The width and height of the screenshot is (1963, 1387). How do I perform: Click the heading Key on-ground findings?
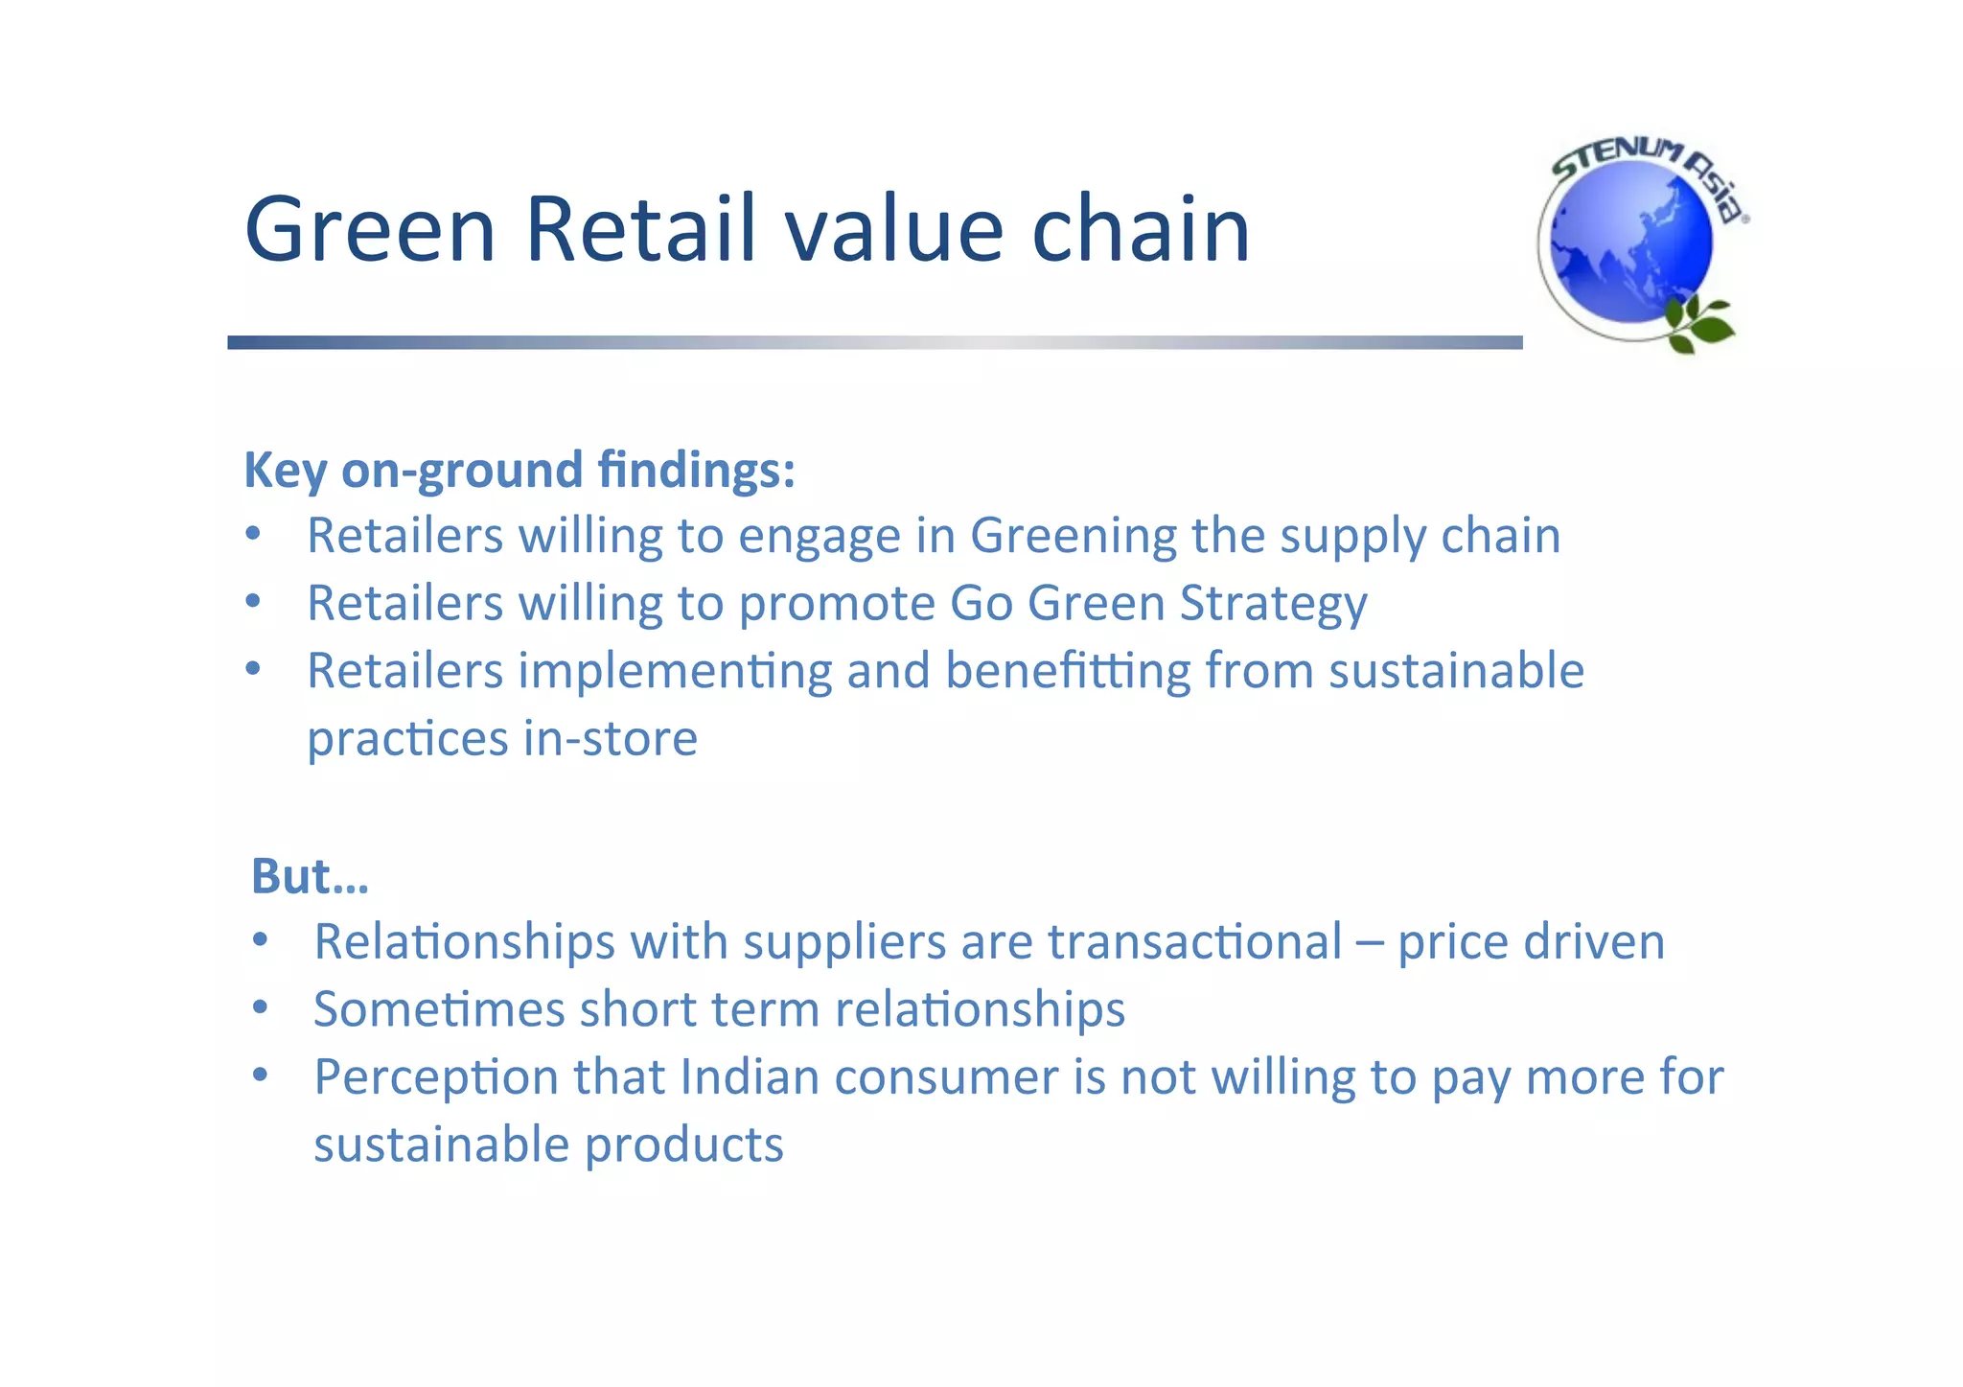(x=520, y=471)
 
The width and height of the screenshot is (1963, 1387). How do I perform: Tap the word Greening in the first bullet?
(x=1073, y=536)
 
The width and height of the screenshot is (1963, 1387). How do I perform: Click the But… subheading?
(x=310, y=876)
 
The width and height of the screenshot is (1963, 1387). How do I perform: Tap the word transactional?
(x=1194, y=942)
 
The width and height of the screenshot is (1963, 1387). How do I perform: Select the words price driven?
(x=1531, y=942)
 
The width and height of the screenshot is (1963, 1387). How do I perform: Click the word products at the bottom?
(x=683, y=1145)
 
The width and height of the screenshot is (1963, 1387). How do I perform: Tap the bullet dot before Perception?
(x=260, y=1075)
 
